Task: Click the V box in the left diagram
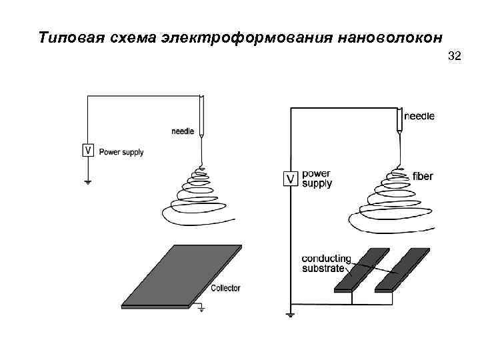(87, 151)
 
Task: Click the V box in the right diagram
(290, 179)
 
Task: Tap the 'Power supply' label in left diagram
(121, 152)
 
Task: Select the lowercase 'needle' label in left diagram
(183, 131)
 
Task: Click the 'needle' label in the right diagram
(421, 116)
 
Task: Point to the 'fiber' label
(423, 177)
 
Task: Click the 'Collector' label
(225, 288)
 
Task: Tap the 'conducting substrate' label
(326, 263)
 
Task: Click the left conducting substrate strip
(361, 269)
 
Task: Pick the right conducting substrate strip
(401, 269)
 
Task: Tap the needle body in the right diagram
(399, 119)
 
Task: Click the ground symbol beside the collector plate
(201, 308)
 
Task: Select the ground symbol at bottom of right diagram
(290, 313)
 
